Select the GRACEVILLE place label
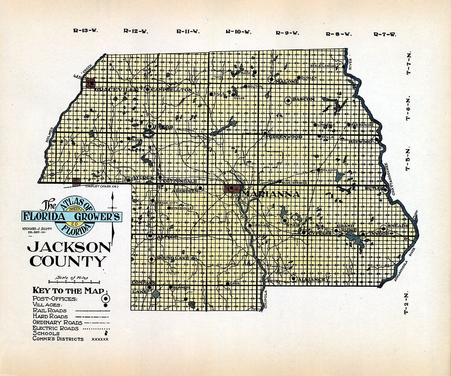point(117,89)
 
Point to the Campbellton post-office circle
point(147,89)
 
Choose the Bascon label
point(303,99)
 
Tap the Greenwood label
point(286,137)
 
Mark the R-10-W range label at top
point(238,32)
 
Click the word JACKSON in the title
point(69,247)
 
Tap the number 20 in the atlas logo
point(71,224)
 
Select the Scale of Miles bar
point(74,281)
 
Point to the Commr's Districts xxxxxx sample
point(100,339)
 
